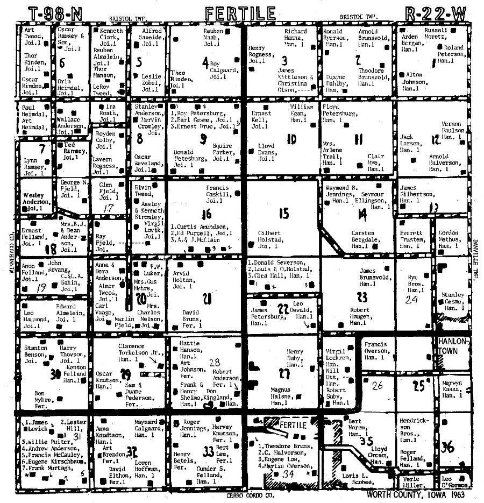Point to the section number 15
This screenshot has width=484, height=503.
pos(283,213)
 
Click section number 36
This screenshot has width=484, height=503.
pos(447,446)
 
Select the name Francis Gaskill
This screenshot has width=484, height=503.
pos(218,192)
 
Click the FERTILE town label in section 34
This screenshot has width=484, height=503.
pos(293,425)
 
